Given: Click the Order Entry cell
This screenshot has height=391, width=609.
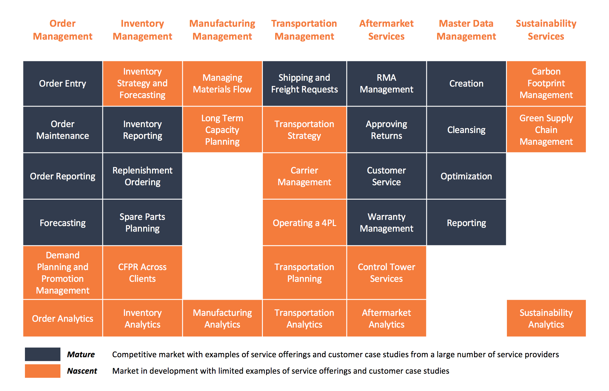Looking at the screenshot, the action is point(63,83).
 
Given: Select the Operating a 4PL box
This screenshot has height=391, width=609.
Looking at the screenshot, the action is point(304,223).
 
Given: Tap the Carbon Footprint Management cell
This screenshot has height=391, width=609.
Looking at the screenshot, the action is point(546,83).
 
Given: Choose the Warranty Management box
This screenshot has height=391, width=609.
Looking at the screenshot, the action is point(387,223).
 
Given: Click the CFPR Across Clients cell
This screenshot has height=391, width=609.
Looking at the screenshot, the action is point(143,273).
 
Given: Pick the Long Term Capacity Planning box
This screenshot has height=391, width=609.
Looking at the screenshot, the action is point(222,129).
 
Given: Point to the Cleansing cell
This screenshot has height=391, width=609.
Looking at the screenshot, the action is point(466,129).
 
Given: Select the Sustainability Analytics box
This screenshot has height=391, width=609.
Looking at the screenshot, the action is point(546,318).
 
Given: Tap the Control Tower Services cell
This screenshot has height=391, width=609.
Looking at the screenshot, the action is point(387,273).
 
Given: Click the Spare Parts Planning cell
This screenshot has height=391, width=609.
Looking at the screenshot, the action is point(143,223).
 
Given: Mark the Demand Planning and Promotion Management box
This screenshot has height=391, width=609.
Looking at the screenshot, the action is point(63,273).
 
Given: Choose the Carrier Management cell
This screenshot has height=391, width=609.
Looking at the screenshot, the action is point(304,176).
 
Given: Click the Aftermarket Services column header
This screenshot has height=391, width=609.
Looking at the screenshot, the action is point(387,30).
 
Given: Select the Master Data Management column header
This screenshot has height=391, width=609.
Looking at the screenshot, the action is point(466,30).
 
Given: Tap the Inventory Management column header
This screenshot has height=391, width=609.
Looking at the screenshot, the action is point(143,30).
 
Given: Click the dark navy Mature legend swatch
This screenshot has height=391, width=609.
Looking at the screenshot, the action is point(43,354).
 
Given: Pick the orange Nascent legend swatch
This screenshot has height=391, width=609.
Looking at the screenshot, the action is point(43,371).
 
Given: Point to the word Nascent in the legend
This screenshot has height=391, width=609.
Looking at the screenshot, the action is point(82,371).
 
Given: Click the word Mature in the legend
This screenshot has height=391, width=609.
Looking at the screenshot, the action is point(81,354).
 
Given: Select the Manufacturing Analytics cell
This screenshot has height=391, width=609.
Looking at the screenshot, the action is point(222,318).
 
